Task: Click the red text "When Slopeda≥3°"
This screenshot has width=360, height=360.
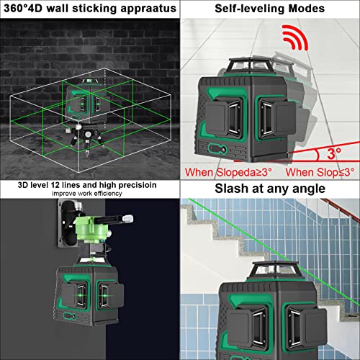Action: tap(228, 172)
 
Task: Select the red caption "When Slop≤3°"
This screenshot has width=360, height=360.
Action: tap(320, 172)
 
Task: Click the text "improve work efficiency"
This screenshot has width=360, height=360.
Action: tap(89, 198)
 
